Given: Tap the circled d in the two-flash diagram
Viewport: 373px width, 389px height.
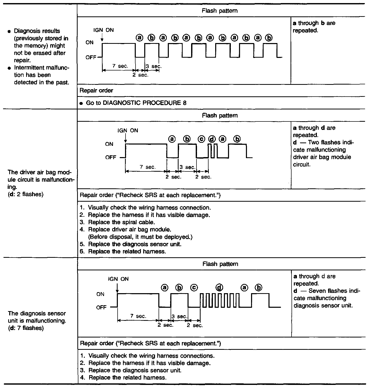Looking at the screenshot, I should [212, 139].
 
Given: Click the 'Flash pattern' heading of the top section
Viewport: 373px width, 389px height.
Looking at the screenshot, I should [220, 11].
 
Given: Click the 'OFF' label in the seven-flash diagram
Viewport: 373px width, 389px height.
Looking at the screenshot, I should [101, 308].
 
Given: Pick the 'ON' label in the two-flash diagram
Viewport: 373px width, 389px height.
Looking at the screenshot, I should [109, 144].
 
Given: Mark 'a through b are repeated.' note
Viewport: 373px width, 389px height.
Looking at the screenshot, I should [314, 27].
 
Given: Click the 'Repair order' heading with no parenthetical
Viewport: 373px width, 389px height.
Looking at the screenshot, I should [96, 90].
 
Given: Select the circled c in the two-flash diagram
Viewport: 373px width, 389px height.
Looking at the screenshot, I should [202, 139].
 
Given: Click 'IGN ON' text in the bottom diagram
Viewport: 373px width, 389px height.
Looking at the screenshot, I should [118, 279].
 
